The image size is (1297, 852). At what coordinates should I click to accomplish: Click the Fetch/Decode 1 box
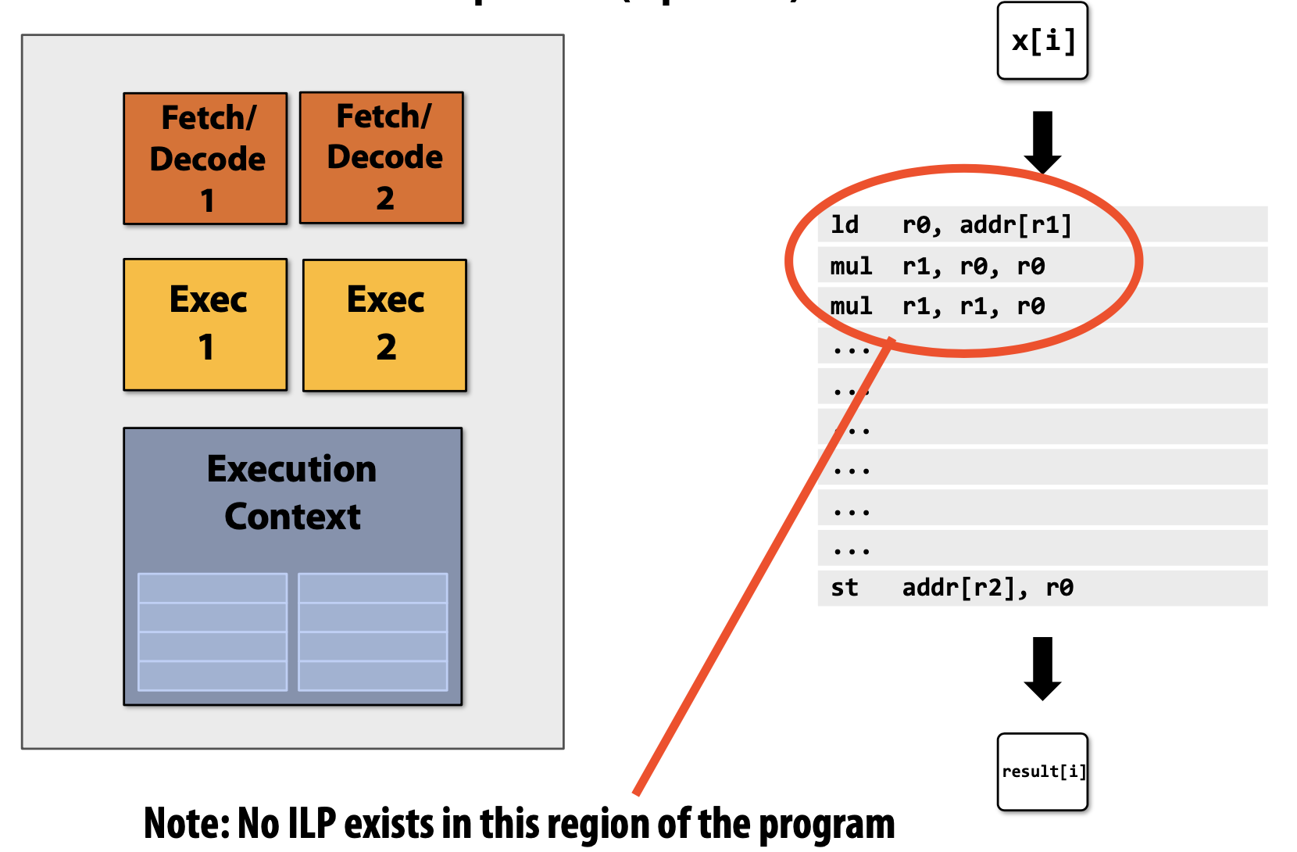(205, 159)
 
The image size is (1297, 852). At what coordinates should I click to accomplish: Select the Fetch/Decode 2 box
(382, 157)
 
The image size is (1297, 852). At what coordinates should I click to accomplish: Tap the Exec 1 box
(205, 324)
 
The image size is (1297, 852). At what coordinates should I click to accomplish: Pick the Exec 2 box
(384, 325)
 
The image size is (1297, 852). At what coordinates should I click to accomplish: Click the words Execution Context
(292, 492)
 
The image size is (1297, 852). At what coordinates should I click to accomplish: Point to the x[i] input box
(1042, 41)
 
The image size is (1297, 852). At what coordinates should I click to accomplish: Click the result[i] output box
(1042, 771)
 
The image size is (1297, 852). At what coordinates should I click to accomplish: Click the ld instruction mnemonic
(844, 225)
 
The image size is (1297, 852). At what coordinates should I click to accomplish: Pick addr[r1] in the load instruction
(1015, 225)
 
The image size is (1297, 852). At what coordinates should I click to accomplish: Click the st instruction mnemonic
(844, 588)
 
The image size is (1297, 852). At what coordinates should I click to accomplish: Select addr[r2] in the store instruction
(964, 588)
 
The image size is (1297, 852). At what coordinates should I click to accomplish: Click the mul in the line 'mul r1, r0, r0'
(850, 267)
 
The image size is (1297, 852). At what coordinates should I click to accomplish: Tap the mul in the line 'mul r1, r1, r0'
(850, 306)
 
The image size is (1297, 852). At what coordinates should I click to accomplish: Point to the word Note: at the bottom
(186, 824)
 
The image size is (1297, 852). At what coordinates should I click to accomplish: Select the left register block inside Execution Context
(213, 632)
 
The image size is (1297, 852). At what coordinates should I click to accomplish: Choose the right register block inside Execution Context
(373, 632)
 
